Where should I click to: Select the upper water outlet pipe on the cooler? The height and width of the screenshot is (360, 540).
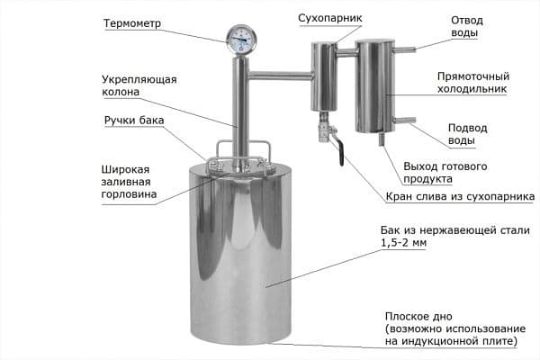tap(405, 50)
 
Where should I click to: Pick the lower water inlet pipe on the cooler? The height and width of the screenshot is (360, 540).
tap(406, 120)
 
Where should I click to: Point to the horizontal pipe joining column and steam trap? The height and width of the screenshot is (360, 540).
tap(279, 72)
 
